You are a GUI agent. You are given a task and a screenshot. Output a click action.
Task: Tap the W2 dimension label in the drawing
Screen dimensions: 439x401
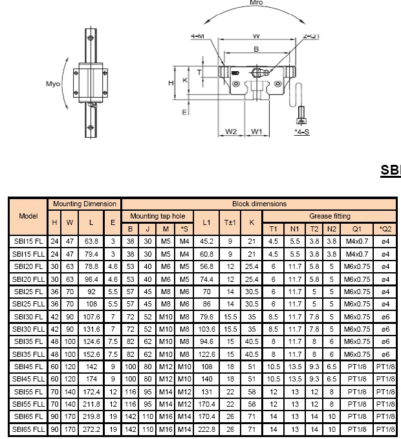pos(232,132)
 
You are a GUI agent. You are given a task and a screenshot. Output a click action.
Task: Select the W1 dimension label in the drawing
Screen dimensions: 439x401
pos(257,132)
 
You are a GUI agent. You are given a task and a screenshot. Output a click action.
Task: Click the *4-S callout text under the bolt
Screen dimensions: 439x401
pos(301,131)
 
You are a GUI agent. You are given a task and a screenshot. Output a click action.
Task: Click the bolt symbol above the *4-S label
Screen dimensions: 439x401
pos(301,117)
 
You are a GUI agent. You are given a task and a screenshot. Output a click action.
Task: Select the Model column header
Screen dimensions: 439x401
pos(28,215)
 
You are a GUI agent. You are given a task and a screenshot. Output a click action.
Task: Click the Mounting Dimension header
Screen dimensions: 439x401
pos(85,204)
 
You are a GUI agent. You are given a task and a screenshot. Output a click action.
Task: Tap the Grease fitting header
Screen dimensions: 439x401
pos(329,216)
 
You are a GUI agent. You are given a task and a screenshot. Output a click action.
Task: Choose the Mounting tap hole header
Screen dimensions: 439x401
pos(157,216)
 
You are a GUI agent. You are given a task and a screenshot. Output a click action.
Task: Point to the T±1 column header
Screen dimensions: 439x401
pos(229,222)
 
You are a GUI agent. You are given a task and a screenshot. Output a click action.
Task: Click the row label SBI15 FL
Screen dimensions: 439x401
pos(28,242)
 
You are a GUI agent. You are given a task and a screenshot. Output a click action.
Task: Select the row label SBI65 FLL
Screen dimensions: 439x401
pos(28,429)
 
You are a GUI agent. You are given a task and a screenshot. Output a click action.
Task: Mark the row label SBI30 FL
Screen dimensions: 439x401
pos(28,317)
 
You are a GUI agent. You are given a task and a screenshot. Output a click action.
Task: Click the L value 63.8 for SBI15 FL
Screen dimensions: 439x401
pos(91,242)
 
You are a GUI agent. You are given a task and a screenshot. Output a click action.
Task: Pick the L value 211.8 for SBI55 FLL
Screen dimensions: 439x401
pos(91,404)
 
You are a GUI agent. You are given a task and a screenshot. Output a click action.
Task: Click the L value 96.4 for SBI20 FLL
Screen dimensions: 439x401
pos(91,279)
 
